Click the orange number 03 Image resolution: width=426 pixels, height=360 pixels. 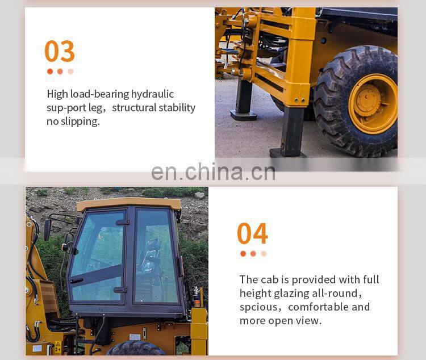[x=60, y=51]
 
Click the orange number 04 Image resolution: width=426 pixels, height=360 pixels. [x=252, y=233]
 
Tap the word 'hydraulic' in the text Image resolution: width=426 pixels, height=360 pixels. [x=152, y=94]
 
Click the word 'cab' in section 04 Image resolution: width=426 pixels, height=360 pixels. [x=269, y=279]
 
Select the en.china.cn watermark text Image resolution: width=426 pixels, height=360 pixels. [x=213, y=172]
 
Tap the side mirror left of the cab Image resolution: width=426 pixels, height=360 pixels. [x=47, y=229]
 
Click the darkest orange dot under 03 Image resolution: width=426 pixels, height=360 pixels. [x=50, y=72]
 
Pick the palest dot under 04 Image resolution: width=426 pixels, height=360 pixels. [x=264, y=254]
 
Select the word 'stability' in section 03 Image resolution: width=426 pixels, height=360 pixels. [x=176, y=108]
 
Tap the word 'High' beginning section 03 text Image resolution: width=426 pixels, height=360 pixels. [x=57, y=94]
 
